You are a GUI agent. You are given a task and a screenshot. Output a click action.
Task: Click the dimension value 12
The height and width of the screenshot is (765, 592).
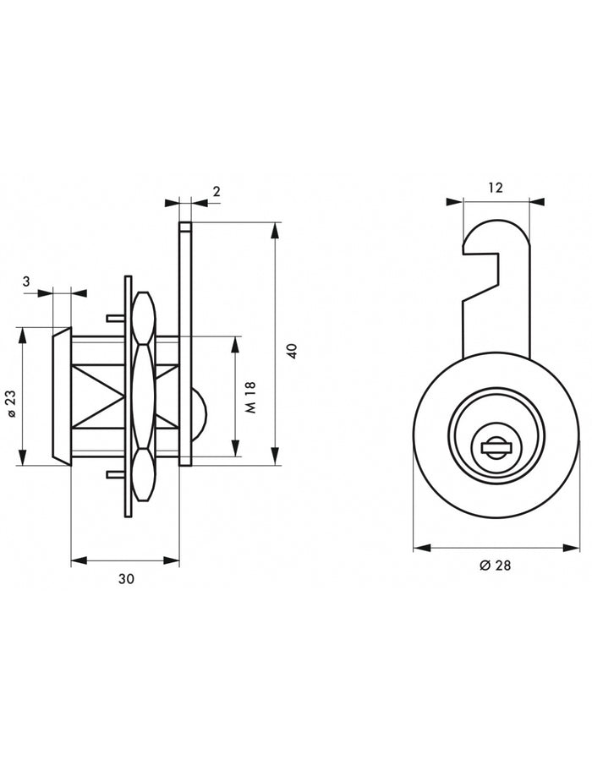point(495,188)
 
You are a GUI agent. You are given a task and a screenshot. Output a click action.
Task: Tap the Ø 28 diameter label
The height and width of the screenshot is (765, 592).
point(496,565)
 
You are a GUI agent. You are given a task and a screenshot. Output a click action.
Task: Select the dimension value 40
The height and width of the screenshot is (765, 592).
point(293,351)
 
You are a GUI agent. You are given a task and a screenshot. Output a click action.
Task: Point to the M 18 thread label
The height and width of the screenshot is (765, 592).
point(251,397)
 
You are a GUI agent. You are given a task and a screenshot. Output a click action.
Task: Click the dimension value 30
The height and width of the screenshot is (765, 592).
point(126,579)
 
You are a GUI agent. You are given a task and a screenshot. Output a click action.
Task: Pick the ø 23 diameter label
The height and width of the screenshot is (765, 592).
point(12,403)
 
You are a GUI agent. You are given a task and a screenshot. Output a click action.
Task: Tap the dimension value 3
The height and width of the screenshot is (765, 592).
point(26,281)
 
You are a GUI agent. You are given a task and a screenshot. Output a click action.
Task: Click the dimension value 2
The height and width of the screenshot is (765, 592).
point(217,191)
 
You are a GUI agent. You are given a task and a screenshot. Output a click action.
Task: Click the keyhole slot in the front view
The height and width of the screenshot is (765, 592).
point(496,447)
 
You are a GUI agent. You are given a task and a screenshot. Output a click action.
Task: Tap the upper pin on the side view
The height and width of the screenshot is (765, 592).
point(116,319)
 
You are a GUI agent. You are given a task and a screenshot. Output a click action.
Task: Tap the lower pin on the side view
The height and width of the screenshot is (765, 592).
point(116,473)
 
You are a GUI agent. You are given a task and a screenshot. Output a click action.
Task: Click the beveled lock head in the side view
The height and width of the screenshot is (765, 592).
point(62,396)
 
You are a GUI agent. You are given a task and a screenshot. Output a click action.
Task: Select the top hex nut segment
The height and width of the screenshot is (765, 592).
point(144,318)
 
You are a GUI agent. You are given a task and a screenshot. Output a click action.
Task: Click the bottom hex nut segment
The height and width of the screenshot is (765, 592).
point(144,474)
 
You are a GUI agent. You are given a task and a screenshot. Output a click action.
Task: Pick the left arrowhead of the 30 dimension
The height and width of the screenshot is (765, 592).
point(79,560)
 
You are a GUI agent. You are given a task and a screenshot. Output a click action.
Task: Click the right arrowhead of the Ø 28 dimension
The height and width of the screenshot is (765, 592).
point(572,548)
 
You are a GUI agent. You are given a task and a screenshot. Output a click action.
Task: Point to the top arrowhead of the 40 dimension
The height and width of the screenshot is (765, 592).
point(276,230)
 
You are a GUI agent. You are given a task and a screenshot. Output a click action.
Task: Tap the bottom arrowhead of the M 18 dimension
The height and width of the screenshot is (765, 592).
point(236,448)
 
